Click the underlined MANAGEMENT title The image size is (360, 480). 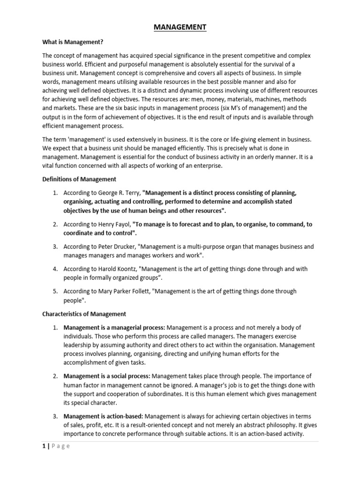point(180,28)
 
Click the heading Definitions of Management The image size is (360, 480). point(79,179)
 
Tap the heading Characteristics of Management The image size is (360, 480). point(84,314)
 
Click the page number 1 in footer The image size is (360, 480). point(43,446)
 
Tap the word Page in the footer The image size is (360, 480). point(60,446)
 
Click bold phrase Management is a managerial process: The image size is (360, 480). point(114,327)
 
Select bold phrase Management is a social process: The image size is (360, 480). point(107,376)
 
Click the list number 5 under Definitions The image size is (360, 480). point(55,292)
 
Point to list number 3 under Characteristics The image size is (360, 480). point(55,417)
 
